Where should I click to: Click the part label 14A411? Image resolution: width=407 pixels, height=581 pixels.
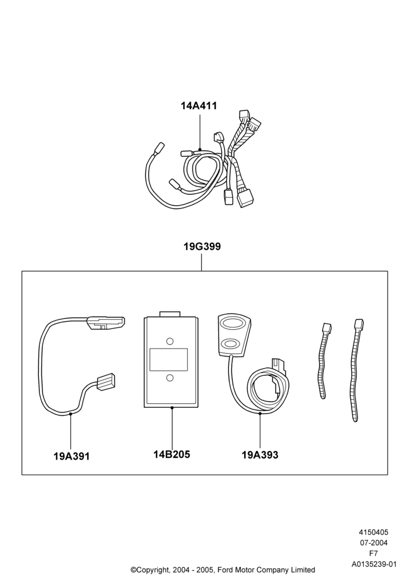point(199,106)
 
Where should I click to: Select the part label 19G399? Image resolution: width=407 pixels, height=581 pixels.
point(202,247)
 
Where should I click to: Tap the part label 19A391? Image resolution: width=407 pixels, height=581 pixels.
point(72,456)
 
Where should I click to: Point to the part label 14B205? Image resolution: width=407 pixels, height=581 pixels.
point(172,454)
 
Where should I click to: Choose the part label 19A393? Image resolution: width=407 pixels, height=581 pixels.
point(260,455)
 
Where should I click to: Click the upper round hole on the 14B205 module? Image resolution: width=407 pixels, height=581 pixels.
point(170,341)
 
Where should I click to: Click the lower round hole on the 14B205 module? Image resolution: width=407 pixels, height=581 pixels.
point(170,378)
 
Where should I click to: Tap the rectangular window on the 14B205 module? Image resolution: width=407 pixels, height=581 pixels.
point(168,360)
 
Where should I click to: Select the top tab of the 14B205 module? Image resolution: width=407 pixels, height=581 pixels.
point(169,314)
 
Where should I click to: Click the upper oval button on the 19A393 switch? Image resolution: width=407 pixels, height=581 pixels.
point(232,323)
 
